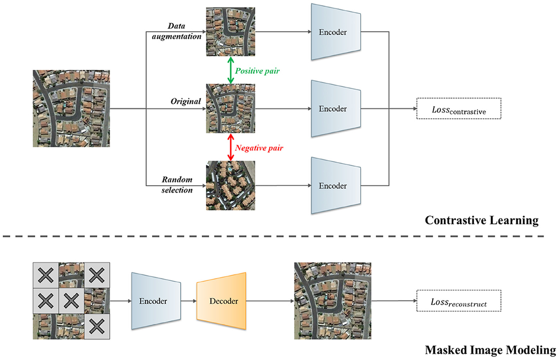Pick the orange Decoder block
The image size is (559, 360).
(x=221, y=301)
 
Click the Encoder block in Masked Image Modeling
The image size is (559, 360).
(x=156, y=301)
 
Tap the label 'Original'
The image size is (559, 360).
(x=185, y=101)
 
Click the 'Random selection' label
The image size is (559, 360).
(x=177, y=184)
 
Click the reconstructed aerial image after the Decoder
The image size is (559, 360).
(x=333, y=301)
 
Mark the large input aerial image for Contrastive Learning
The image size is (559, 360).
(x=71, y=109)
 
